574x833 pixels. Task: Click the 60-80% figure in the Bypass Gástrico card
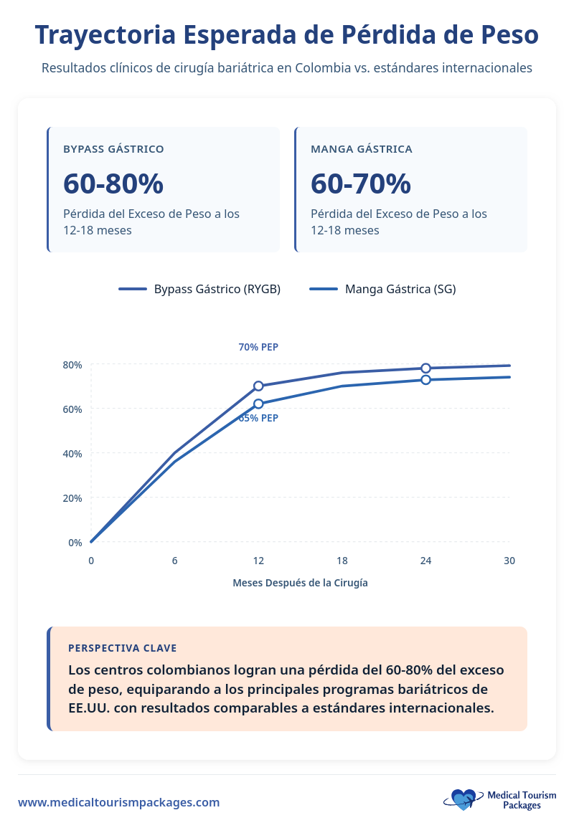coord(113,184)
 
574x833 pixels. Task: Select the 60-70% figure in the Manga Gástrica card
coord(361,184)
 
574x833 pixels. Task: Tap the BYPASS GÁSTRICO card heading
coord(113,149)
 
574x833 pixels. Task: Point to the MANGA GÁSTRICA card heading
coord(362,149)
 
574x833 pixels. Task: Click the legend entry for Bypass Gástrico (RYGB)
coord(199,289)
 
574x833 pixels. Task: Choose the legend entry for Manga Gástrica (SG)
coord(382,289)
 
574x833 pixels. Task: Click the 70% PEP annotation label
coord(258,347)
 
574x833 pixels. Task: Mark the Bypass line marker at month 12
coord(258,386)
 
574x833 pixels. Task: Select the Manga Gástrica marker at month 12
coord(258,404)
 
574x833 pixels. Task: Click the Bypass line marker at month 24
coord(425,368)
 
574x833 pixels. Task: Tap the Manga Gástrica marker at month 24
coord(425,379)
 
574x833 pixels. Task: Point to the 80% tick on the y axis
coord(72,365)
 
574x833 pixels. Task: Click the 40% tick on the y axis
coord(72,454)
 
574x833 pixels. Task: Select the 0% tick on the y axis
coord(75,543)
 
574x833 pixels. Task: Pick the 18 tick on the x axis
coord(342,561)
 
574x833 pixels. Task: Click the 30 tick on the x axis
coord(509,561)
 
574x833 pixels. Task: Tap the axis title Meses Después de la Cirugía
coord(300,583)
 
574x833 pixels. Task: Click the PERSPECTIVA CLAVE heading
coord(122,648)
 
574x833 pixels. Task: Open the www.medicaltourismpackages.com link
coord(119,802)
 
